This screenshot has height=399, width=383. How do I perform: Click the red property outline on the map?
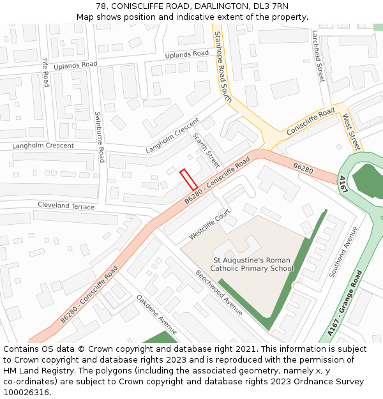tap(188, 179)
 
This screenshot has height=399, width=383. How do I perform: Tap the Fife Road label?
tap(45, 72)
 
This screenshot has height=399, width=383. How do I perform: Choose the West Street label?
tap(352, 132)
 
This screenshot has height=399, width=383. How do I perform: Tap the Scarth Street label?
tap(206, 151)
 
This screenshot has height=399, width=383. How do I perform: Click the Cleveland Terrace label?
tap(66, 206)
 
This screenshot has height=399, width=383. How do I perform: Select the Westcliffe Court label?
tap(209, 226)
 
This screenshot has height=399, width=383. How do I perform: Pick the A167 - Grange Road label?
tap(345, 303)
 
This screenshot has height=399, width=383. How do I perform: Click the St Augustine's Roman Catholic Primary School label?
tap(252, 264)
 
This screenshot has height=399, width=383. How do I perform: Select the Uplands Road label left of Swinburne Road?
tap(75, 64)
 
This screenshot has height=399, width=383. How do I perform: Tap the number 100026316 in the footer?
tap(26, 392)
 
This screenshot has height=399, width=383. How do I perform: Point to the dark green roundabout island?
tap(369, 181)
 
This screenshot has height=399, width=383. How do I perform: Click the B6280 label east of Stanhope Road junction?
tap(303, 168)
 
